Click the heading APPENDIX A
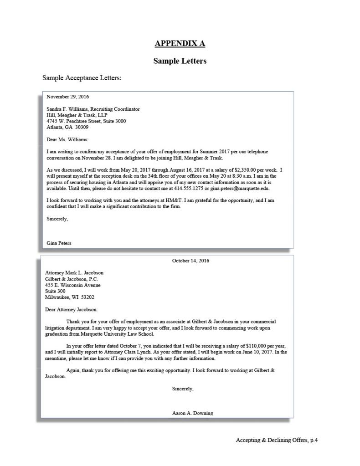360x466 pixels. point(180,44)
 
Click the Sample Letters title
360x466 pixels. point(180,61)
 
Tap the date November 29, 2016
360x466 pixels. point(67,97)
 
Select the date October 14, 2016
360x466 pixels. point(190,261)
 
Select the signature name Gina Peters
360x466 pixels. point(59,243)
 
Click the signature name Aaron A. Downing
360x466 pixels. point(192,413)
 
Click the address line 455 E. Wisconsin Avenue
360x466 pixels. point(73,285)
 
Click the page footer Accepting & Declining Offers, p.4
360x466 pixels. point(277,440)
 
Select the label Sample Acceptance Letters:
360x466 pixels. point(82,77)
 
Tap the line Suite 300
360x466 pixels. point(55,291)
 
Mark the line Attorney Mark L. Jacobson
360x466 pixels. point(74,273)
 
